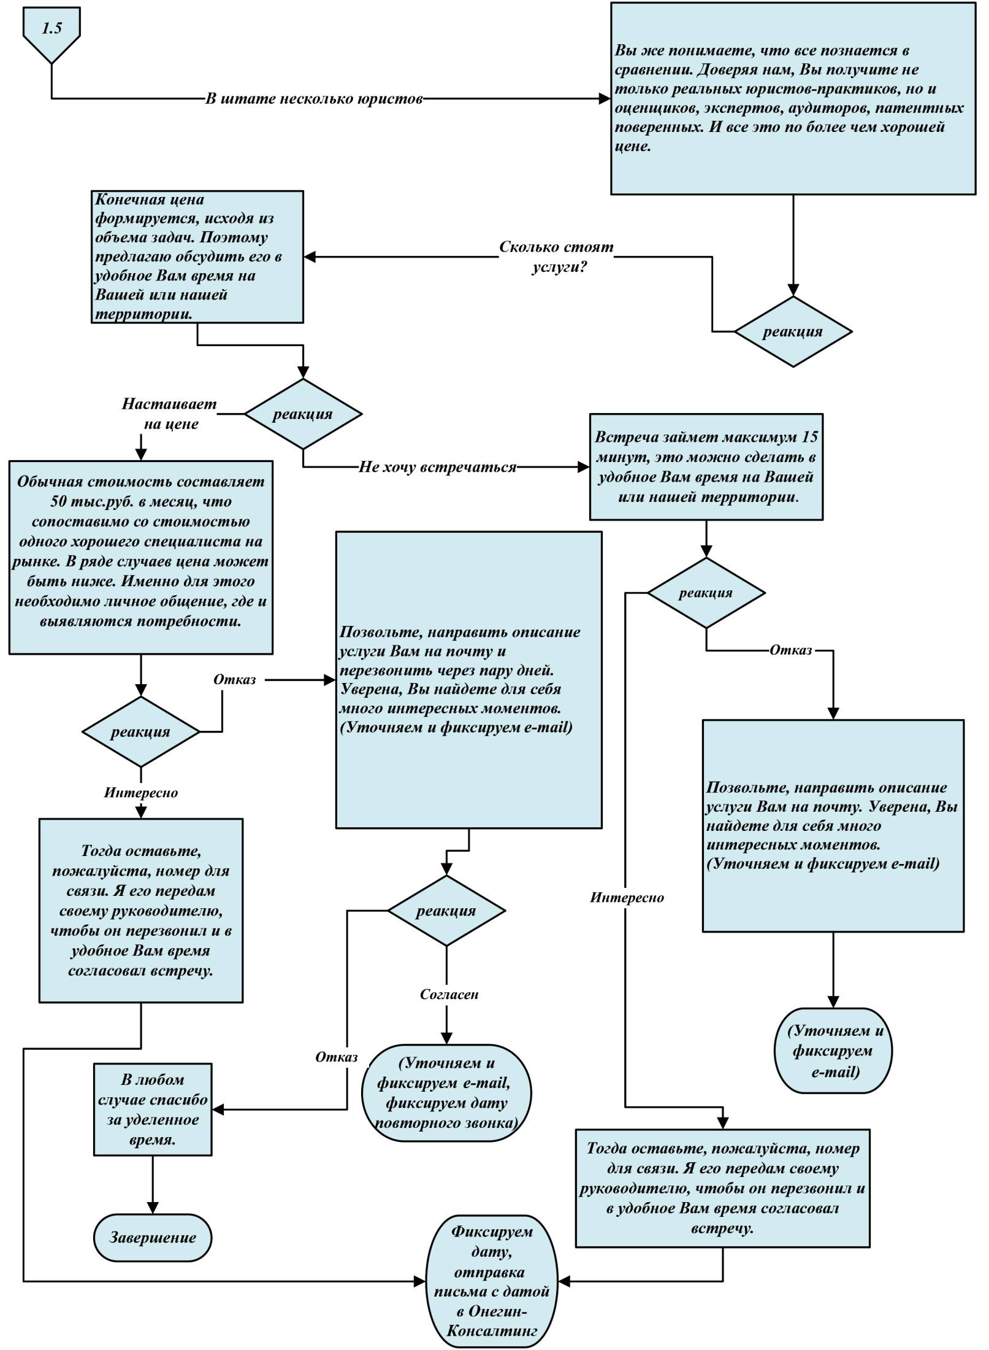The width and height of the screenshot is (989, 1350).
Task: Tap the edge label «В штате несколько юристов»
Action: (314, 99)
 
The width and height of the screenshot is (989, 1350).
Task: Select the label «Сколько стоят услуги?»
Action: (556, 256)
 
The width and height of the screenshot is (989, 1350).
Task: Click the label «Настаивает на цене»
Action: (170, 414)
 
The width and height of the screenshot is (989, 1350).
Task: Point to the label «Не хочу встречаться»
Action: (438, 467)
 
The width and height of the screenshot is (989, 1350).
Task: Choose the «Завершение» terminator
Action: (153, 1237)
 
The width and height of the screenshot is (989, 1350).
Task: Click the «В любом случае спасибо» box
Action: (153, 1109)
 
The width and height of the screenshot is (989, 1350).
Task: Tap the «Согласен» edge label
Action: (449, 994)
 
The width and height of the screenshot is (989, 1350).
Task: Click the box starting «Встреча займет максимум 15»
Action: (706, 467)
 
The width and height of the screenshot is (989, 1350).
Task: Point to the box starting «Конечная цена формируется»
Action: (197, 256)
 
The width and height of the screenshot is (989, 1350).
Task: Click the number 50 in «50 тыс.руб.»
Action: (59, 501)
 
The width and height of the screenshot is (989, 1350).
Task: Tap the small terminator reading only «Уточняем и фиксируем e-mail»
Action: (833, 1051)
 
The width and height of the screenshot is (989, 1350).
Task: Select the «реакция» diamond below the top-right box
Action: (793, 332)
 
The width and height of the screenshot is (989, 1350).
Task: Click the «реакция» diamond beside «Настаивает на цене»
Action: (303, 414)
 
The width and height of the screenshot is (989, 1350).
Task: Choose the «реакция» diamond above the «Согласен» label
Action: (446, 911)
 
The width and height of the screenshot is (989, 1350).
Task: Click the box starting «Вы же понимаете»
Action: (793, 99)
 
